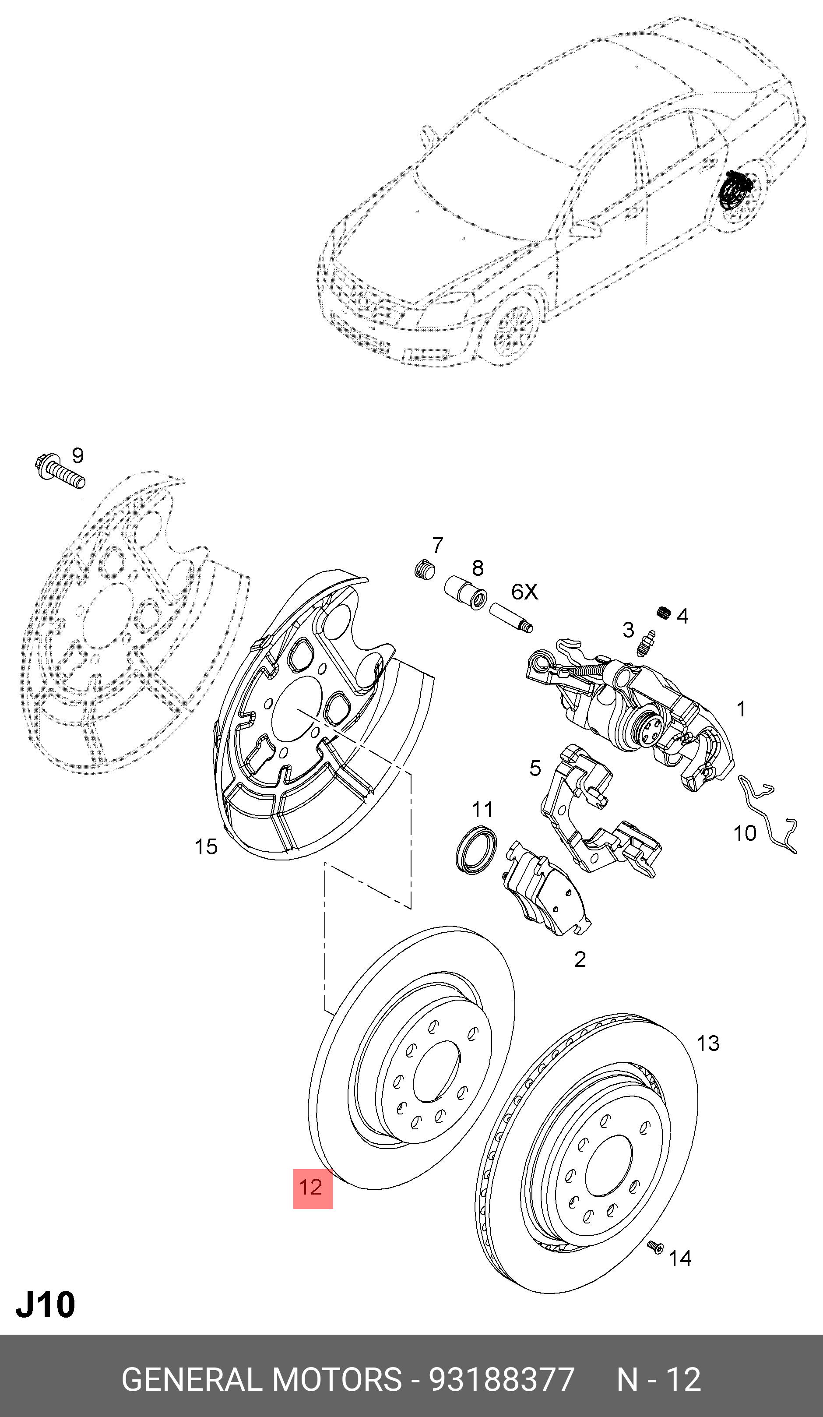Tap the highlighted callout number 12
pos(312,1188)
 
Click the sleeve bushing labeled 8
pos(465,592)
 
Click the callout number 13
pos(708,1043)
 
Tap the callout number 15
pos(206,847)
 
